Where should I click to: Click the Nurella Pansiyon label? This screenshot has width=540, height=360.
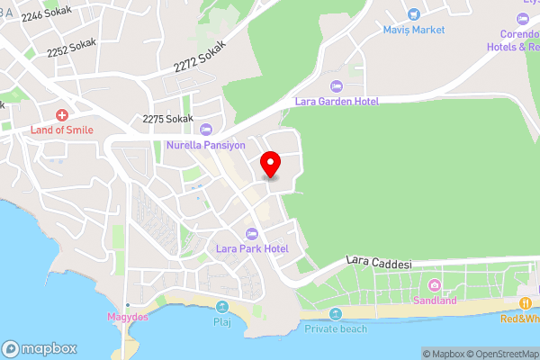pyautogui.click(x=206, y=144)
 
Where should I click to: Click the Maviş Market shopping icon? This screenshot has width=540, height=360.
pyautogui.click(x=413, y=14)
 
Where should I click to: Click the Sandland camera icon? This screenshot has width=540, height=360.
pyautogui.click(x=435, y=284)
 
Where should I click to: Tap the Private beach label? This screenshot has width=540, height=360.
pyautogui.click(x=336, y=328)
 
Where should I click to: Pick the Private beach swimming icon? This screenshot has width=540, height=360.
pyautogui.click(x=336, y=314)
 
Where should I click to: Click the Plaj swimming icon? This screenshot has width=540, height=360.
pyautogui.click(x=221, y=305)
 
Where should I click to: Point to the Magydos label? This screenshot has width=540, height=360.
pyautogui.click(x=128, y=318)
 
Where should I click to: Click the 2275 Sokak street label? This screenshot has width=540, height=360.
pyautogui.click(x=168, y=119)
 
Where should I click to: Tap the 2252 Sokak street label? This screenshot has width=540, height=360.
pyautogui.click(x=71, y=46)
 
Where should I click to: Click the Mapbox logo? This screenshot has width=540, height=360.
pyautogui.click(x=40, y=348)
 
